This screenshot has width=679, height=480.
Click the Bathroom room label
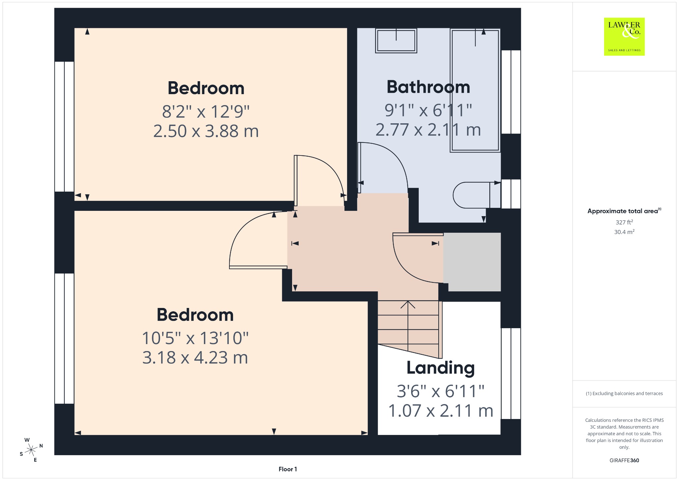pos(428,87)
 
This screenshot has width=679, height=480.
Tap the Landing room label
pos(441,368)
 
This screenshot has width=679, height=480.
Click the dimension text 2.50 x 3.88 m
pos(206,131)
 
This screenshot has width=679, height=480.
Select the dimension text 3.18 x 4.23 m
pos(195,358)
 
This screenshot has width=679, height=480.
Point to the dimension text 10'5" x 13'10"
pos(195,338)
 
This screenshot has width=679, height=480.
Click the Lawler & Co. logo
pos(624,36)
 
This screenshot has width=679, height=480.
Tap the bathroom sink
pos(396,41)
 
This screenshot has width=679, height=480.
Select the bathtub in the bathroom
pos(475,90)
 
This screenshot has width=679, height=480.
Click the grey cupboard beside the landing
pos(472,262)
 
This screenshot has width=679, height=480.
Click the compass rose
pos(31,450)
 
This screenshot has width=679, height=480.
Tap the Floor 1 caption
pos(288,469)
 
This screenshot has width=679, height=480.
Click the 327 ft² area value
pos(624,222)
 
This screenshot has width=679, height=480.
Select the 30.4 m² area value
pos(624,232)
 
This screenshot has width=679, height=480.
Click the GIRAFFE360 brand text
pos(624,460)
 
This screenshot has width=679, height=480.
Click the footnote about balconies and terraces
pos(624,393)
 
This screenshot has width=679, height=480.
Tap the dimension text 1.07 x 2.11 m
pos(441,411)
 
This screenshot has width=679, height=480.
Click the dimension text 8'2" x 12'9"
pos(206,111)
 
